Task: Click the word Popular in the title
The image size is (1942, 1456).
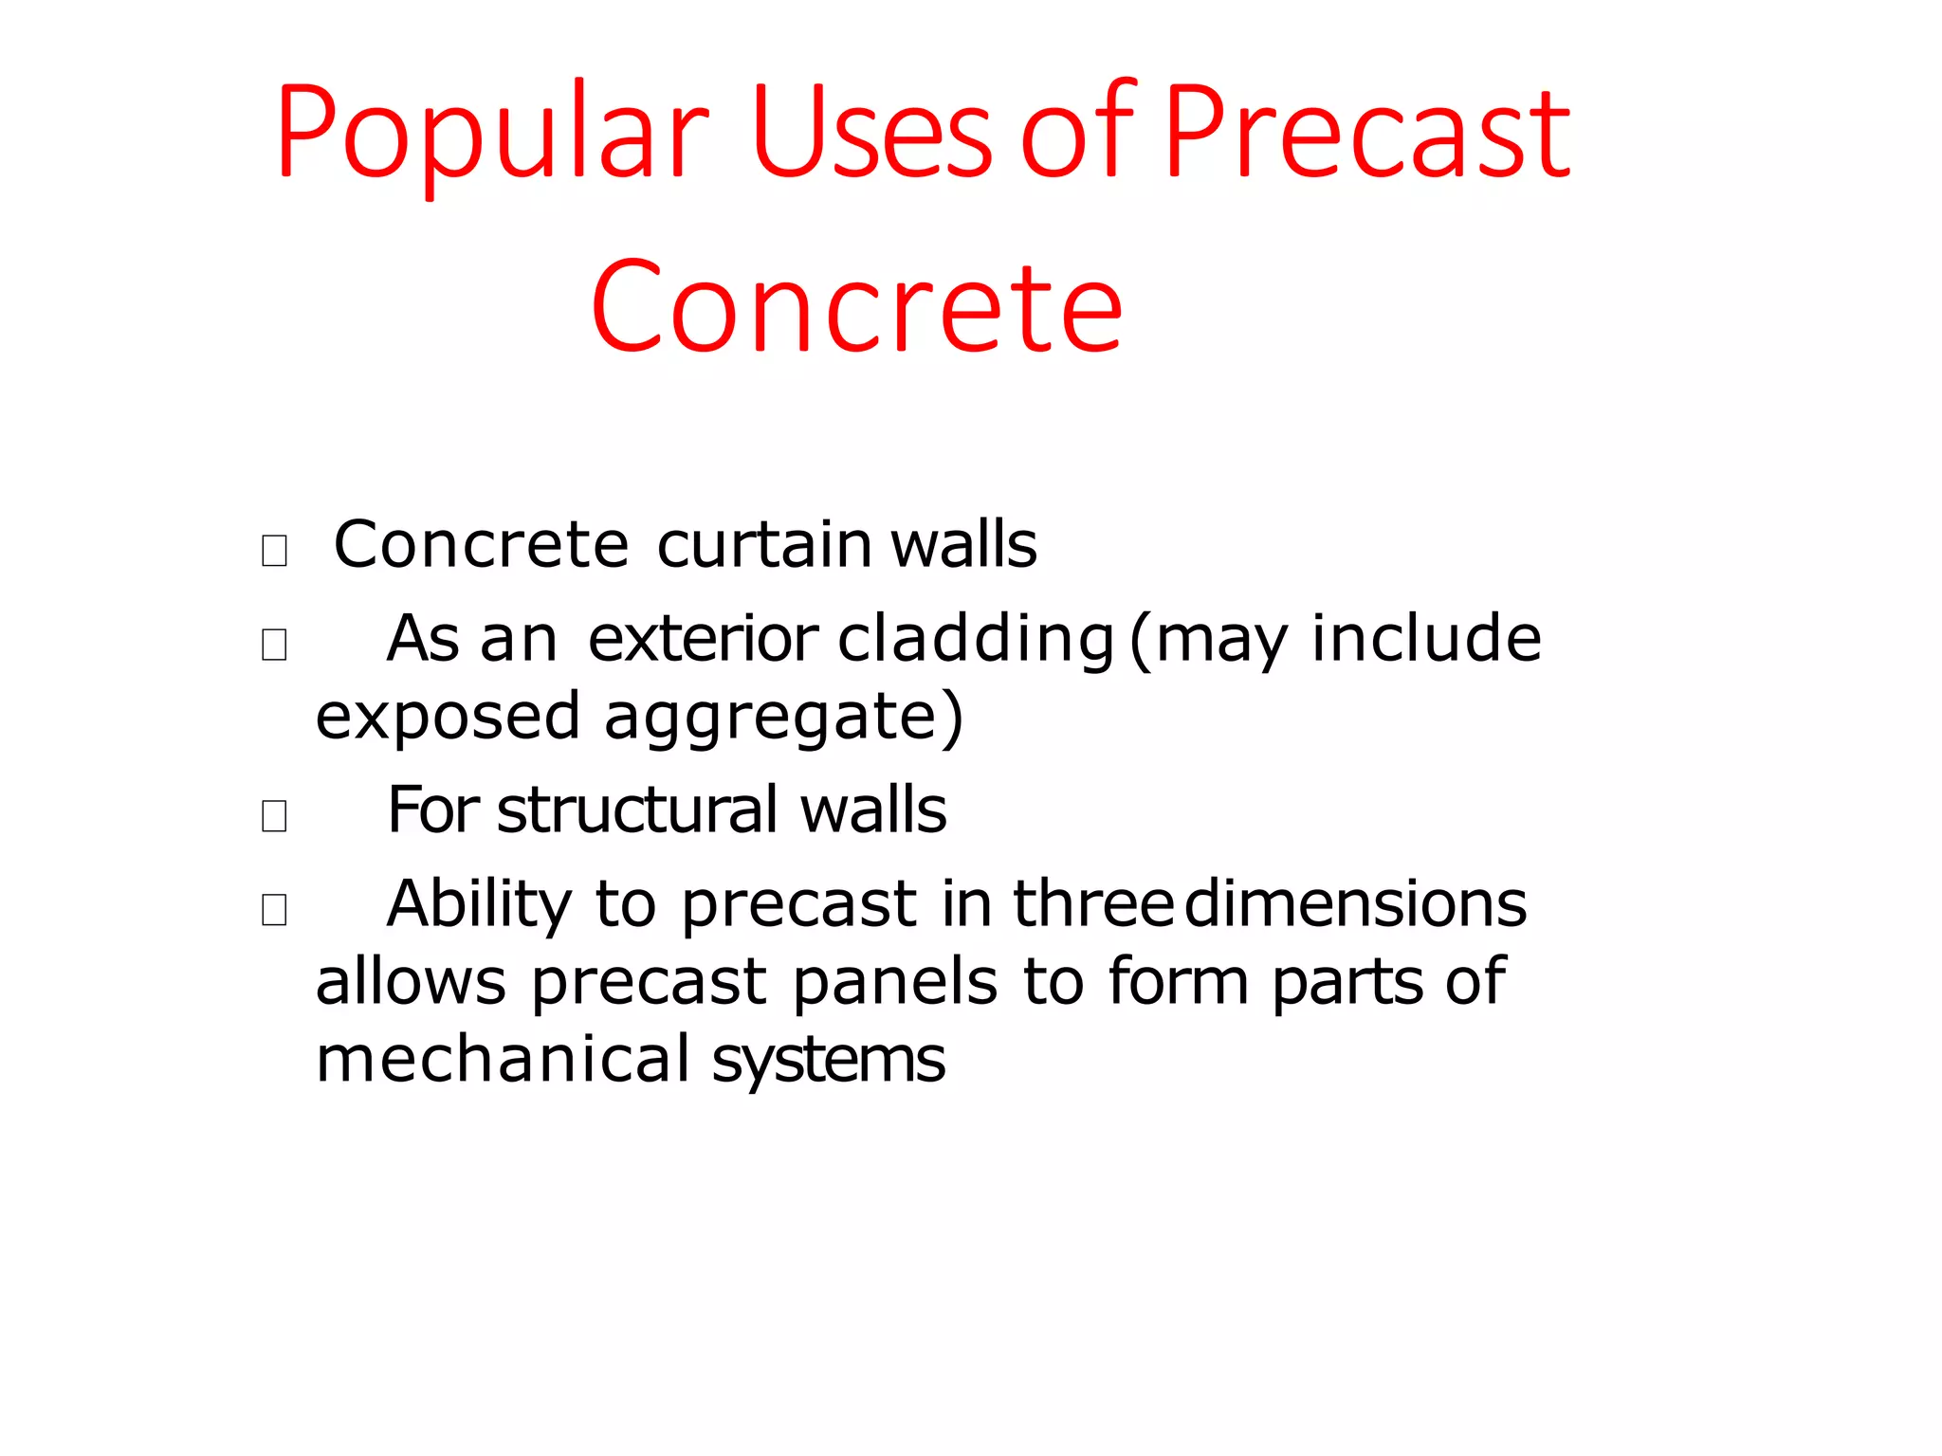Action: (x=491, y=133)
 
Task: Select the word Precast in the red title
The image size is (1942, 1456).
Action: (x=1366, y=133)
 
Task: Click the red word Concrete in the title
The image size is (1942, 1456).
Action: (x=856, y=308)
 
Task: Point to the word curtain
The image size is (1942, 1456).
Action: (x=764, y=545)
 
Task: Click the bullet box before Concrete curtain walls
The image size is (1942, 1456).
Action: (x=274, y=550)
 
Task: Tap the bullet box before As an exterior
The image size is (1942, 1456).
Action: (x=274, y=645)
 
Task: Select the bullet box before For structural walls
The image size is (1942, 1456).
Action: (x=274, y=815)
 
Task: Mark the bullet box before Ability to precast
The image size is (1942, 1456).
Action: (x=274, y=909)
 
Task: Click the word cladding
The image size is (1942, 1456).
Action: (x=976, y=640)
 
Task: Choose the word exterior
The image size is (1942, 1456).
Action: (x=703, y=640)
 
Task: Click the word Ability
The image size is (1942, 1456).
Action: (x=479, y=905)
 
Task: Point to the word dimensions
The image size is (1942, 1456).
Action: (x=1355, y=905)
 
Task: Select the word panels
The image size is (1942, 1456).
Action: (x=894, y=982)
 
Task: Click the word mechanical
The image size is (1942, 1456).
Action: (x=503, y=1060)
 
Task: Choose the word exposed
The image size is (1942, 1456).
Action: (x=448, y=719)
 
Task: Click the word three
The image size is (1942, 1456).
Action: (x=1093, y=905)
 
